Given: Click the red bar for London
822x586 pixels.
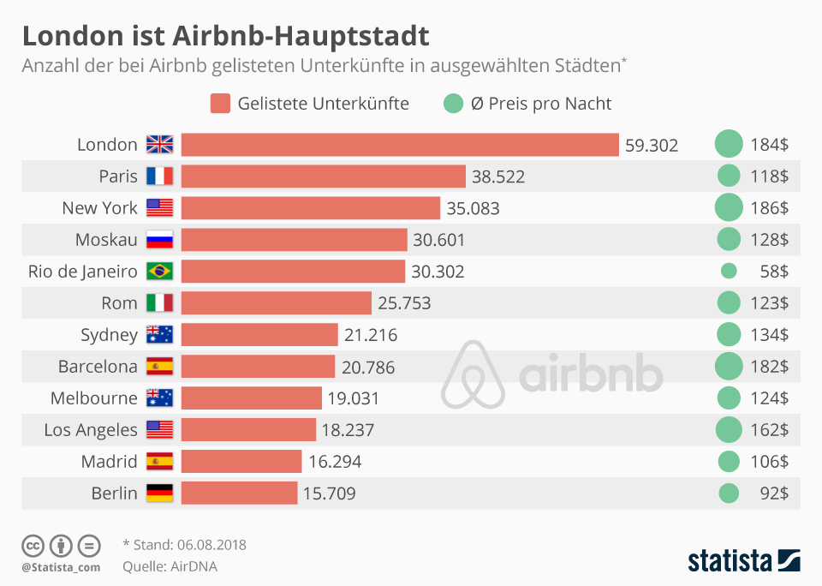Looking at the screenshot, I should [x=400, y=145].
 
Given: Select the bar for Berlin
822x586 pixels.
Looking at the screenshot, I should [x=239, y=493].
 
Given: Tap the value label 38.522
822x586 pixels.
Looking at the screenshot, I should [x=497, y=176].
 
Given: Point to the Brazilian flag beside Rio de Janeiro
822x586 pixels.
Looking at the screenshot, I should [x=159, y=272].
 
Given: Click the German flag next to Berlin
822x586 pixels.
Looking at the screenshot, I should [x=159, y=493].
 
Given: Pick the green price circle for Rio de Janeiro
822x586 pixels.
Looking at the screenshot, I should [x=729, y=272].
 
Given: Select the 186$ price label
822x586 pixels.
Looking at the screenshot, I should [x=769, y=208].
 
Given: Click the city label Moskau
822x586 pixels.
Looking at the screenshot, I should [x=106, y=240].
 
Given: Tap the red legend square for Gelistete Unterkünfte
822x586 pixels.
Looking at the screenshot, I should [x=220, y=105].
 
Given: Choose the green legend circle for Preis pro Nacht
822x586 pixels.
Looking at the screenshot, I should [x=452, y=105].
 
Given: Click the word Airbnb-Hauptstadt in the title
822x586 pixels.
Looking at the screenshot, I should [x=301, y=37].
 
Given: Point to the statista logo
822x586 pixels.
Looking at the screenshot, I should [x=744, y=561].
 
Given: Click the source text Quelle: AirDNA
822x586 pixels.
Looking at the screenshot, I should [x=170, y=565].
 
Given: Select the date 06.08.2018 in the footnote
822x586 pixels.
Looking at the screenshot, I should [x=212, y=545].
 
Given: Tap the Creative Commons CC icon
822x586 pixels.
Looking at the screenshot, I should [x=33, y=545].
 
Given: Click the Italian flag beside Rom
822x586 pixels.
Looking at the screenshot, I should [x=159, y=303].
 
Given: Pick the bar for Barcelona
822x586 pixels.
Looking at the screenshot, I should [x=258, y=367].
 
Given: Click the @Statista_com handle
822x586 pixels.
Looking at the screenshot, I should [x=61, y=566].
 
